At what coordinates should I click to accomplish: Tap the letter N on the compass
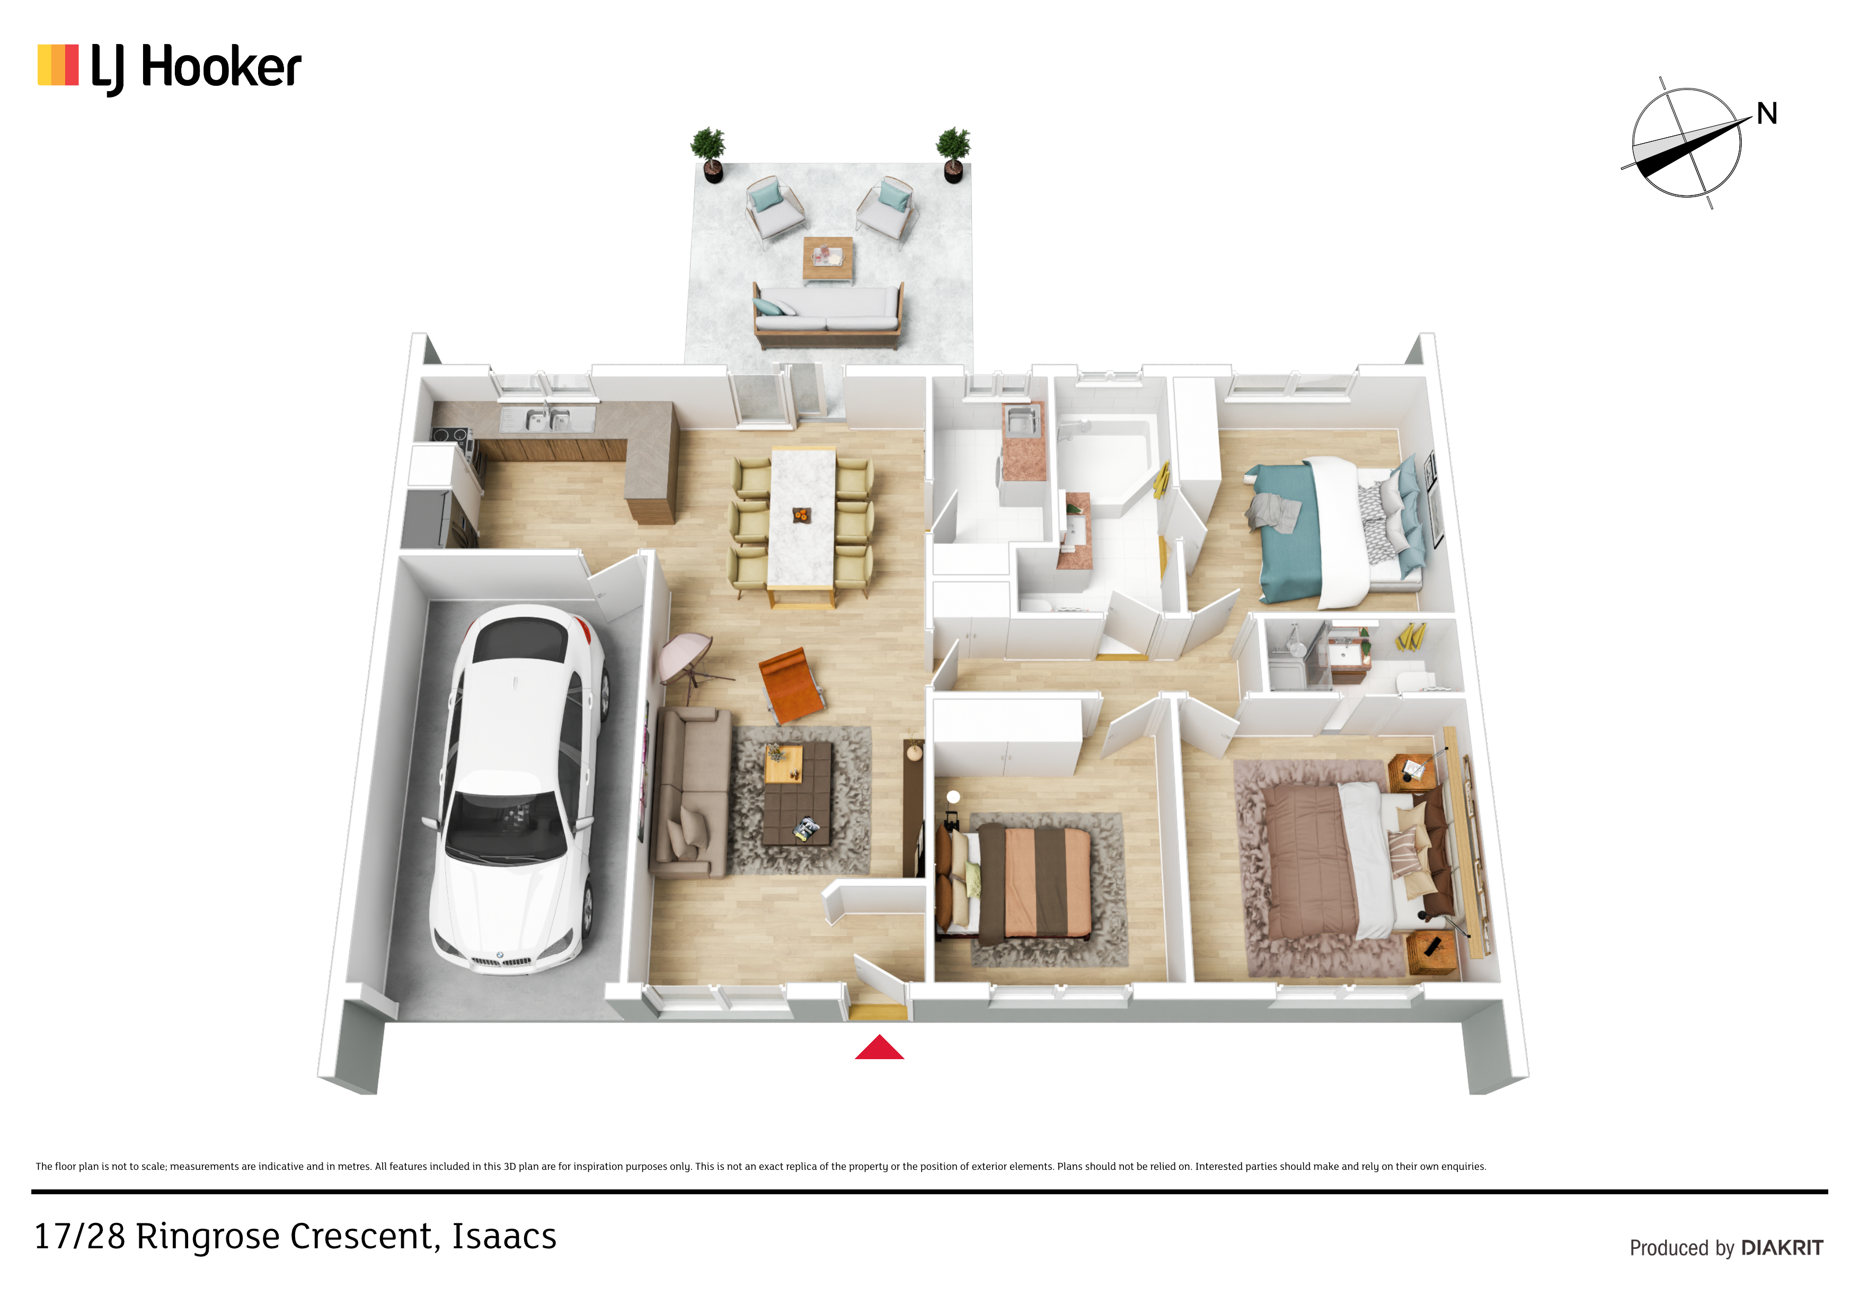click(1767, 113)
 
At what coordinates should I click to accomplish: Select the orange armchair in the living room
click(791, 683)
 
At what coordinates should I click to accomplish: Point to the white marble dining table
click(802, 518)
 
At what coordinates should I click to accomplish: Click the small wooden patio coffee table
click(827, 258)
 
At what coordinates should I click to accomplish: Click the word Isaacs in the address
click(503, 1236)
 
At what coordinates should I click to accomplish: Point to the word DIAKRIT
click(1782, 1248)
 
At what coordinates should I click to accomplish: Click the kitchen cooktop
click(450, 436)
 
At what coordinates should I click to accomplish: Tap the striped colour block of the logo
click(58, 65)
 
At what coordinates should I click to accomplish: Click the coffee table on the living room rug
click(798, 793)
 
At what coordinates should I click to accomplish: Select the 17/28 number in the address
click(79, 1236)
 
